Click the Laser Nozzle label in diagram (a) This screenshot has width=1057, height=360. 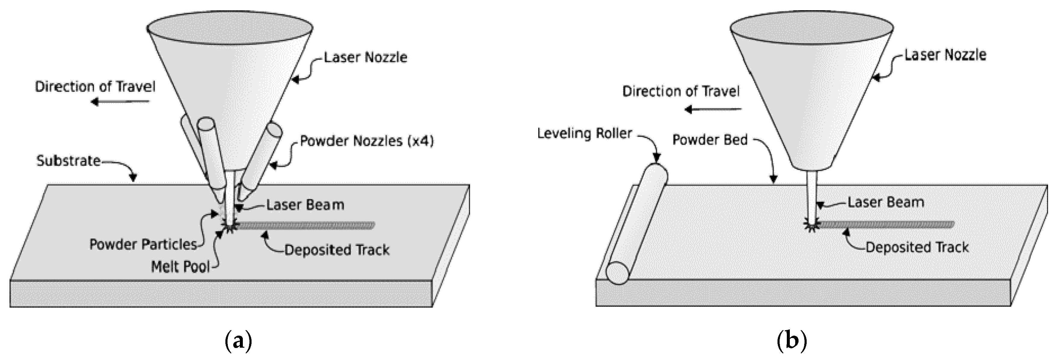click(x=365, y=57)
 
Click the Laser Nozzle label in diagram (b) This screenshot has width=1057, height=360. click(x=945, y=55)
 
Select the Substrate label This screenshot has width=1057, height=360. click(x=68, y=161)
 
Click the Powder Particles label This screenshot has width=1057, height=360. click(x=143, y=245)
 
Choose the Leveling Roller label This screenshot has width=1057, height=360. click(x=584, y=134)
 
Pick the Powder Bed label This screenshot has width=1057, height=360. click(x=710, y=140)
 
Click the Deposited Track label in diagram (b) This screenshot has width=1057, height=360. click(x=917, y=247)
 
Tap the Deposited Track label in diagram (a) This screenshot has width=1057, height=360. click(x=337, y=250)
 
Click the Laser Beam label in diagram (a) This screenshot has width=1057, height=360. click(x=305, y=205)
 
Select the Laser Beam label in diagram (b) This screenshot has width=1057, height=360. click(x=885, y=202)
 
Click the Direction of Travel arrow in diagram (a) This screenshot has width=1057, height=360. click(x=120, y=101)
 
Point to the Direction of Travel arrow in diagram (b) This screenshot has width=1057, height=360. click(x=713, y=109)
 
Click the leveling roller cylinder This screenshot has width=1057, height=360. click(x=637, y=224)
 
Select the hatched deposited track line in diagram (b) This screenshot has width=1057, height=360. click(x=886, y=224)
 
